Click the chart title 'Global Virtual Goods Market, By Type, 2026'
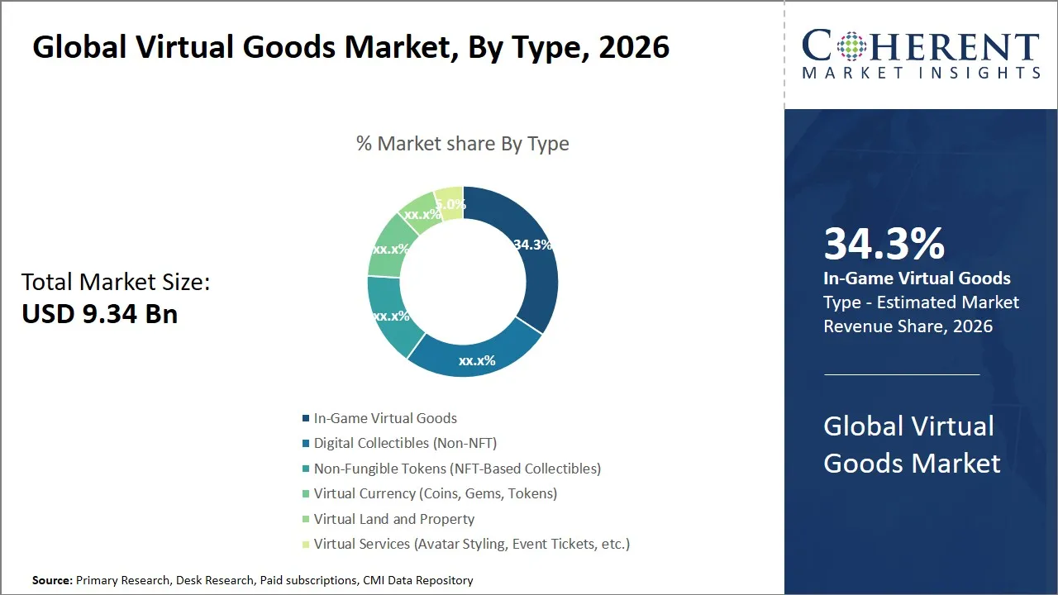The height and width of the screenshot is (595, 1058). tap(350, 47)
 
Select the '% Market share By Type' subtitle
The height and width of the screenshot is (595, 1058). tap(462, 144)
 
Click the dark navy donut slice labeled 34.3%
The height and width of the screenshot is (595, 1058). tap(529, 264)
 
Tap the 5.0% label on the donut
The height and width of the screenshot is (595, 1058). tap(450, 204)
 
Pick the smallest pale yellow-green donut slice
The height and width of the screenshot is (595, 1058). tap(450, 202)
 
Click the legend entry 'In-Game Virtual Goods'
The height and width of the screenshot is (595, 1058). tap(384, 418)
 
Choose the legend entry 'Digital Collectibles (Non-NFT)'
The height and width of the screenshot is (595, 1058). tap(405, 443)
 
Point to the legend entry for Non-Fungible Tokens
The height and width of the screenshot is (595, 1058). tap(457, 469)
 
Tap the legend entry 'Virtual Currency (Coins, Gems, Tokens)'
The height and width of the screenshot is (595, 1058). tap(435, 493)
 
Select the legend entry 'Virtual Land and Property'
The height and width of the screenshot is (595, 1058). tap(393, 519)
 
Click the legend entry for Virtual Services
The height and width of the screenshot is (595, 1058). tap(471, 544)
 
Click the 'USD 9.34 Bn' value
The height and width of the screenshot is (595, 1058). tap(99, 314)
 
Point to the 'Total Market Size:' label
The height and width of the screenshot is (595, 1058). tap(116, 282)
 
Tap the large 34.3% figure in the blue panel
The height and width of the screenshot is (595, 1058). tap(884, 245)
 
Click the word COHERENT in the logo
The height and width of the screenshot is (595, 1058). tap(920, 47)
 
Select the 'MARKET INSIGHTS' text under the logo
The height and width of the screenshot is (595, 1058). tap(920, 74)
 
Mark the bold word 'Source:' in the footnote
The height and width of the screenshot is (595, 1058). tap(53, 581)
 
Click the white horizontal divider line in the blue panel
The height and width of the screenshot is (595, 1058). tap(901, 374)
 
